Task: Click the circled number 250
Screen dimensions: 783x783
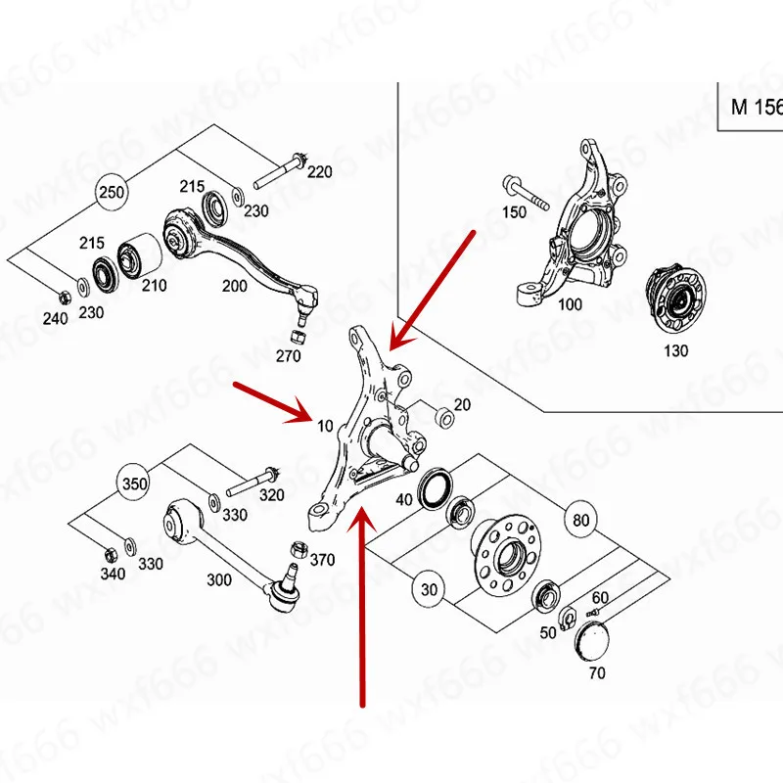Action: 113,193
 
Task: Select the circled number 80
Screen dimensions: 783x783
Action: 581,520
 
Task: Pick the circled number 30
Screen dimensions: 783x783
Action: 428,590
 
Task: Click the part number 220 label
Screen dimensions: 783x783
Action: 320,172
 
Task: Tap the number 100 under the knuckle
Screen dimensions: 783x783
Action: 570,304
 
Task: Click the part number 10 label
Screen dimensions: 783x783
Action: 326,425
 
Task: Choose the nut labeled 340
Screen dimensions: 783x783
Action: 110,549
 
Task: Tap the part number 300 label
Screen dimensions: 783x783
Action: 219,579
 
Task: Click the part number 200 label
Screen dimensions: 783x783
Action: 235,286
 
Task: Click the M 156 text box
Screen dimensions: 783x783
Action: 756,107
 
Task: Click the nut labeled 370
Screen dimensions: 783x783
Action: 299,550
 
